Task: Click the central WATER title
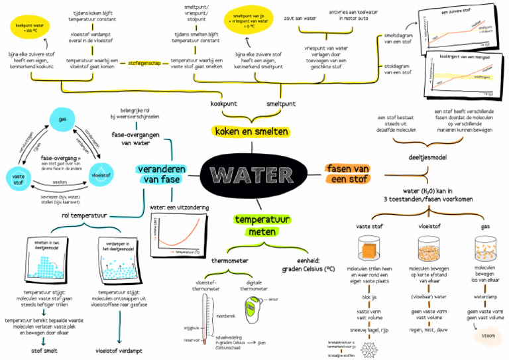[254, 176]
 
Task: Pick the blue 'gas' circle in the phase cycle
[63, 119]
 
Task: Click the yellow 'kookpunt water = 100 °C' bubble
[28, 28]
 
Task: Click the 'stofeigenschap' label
[144, 64]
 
